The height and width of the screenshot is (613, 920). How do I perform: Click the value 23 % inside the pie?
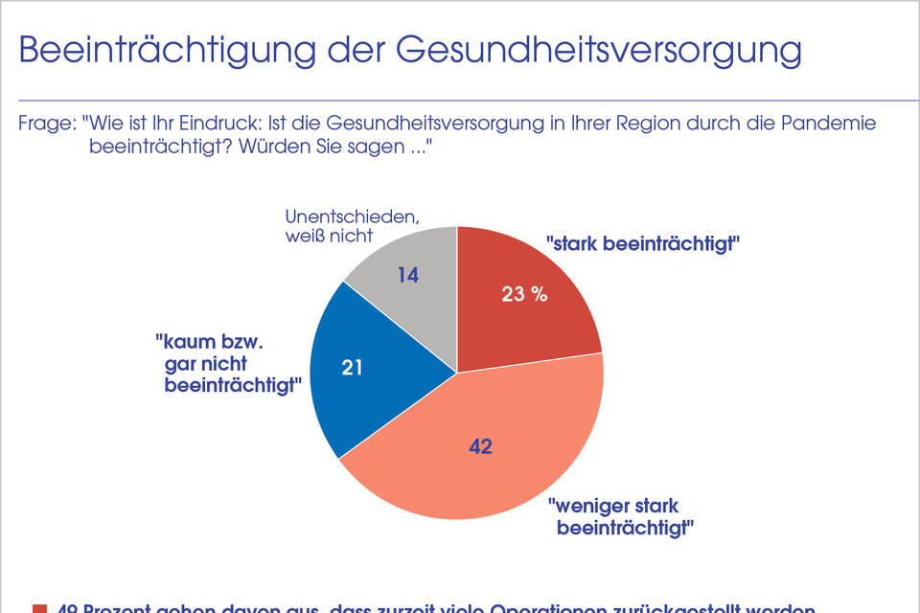coord(524,294)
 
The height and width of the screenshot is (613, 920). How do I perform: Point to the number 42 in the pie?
coord(480,446)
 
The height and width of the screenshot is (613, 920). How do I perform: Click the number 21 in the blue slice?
coord(352,367)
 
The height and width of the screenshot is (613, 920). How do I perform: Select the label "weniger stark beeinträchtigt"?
coord(620,516)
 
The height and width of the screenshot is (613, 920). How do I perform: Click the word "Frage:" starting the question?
coord(47,124)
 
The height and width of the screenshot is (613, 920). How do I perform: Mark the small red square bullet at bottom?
coord(39,608)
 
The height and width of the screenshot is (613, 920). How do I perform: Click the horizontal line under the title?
coord(460,101)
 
